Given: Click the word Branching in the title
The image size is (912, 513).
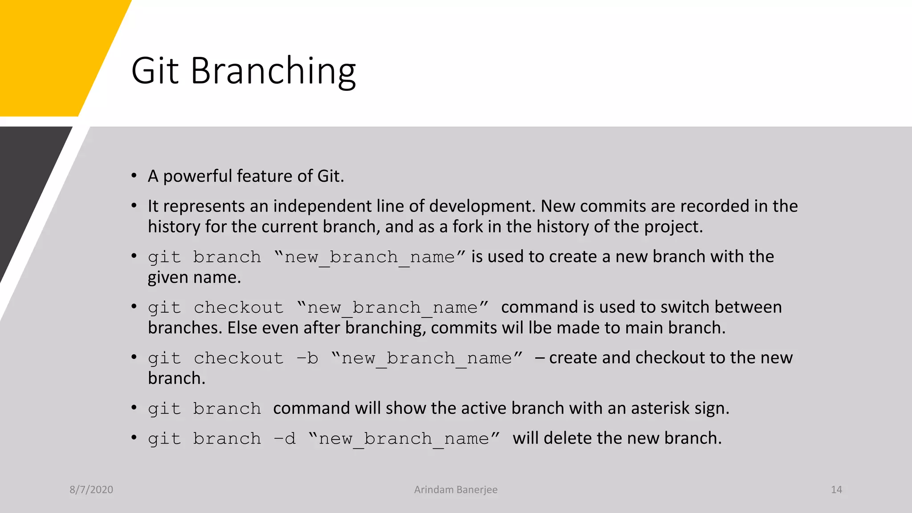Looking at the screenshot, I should tap(273, 71).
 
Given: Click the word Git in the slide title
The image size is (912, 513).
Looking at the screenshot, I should tap(155, 71).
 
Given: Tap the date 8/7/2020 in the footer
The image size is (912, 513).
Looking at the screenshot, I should tap(91, 489).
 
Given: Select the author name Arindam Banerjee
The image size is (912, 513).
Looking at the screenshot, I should tap(456, 489).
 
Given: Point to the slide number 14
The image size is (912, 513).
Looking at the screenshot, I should tap(836, 489).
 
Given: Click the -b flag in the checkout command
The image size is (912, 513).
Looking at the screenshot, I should tap(307, 358).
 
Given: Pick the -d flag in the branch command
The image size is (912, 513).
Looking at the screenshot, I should tap(285, 439).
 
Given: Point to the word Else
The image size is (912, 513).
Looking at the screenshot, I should tap(242, 328).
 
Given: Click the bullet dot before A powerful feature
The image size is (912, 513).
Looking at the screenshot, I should tap(134, 176).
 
